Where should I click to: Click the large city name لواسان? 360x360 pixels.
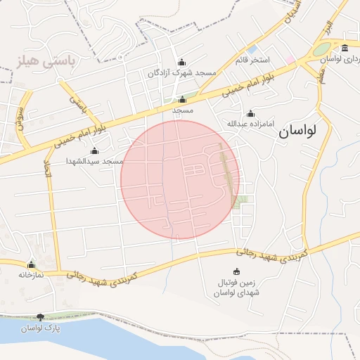[x=298, y=131]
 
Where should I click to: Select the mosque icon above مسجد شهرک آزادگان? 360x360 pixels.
[x=182, y=63]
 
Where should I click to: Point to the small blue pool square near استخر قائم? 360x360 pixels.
[x=251, y=49]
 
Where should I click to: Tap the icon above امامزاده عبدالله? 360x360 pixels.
[x=250, y=114]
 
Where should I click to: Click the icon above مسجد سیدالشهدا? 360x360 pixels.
[x=95, y=151]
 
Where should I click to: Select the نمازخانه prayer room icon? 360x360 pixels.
[x=31, y=264]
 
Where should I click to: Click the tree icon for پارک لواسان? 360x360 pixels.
[x=40, y=317]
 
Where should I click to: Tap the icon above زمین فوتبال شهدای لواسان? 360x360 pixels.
[x=236, y=271]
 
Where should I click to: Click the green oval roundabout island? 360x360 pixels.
[x=321, y=50]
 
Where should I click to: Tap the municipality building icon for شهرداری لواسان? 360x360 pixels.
[x=345, y=48]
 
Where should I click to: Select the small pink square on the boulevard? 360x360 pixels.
[x=290, y=58]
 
